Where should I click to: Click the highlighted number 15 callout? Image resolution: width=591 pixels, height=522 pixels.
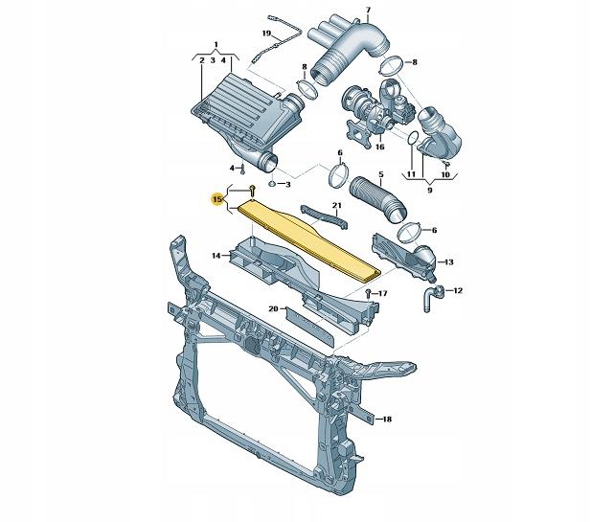[x=217, y=199]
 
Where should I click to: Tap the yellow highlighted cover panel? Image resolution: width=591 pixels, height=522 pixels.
[x=309, y=240]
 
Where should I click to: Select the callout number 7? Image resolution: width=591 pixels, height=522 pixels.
[x=368, y=11]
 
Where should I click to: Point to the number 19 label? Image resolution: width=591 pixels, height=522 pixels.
[x=266, y=34]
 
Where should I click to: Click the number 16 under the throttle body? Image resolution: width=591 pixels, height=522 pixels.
[x=379, y=147]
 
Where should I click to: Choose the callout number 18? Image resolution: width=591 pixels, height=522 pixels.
[x=387, y=419]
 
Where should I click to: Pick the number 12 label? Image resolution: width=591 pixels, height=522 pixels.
[x=457, y=290]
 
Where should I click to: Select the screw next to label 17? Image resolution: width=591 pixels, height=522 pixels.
[x=368, y=293]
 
